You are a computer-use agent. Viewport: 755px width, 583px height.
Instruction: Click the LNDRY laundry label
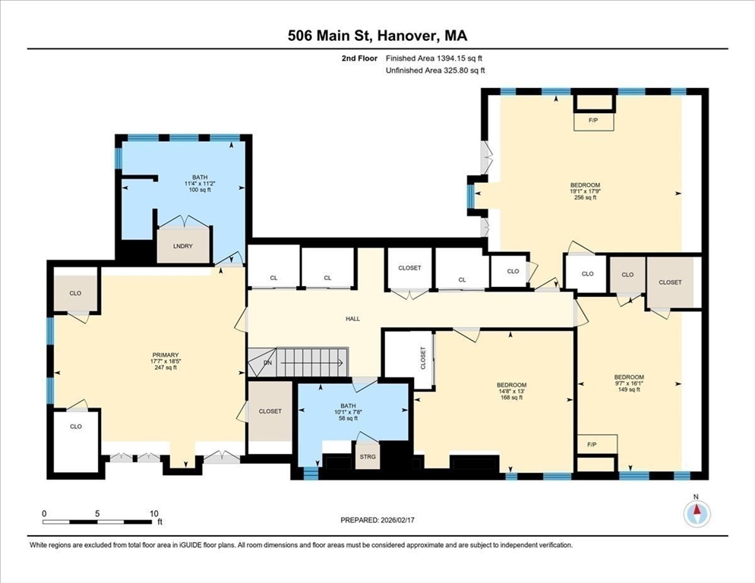[x=183, y=246]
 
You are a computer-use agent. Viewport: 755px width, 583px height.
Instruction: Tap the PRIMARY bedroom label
[x=166, y=355]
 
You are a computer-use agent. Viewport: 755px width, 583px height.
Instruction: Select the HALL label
[x=353, y=319]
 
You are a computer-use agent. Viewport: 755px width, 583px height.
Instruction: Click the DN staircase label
[x=267, y=363]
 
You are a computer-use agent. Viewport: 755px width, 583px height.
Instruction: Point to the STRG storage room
[x=368, y=456]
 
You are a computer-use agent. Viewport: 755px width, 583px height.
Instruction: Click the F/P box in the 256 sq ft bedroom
[x=593, y=121]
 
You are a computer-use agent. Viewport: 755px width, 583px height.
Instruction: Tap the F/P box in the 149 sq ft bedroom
[x=596, y=444]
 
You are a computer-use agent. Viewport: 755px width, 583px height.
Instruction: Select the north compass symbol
[x=696, y=513]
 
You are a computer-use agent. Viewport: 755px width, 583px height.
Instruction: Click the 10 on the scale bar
[x=154, y=514]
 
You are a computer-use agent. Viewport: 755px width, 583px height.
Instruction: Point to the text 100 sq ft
[x=200, y=190]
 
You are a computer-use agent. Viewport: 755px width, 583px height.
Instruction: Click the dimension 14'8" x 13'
[x=511, y=392]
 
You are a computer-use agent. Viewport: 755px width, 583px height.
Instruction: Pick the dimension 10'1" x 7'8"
[x=348, y=412]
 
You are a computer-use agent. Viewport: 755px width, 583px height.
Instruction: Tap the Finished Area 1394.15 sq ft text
[x=434, y=58]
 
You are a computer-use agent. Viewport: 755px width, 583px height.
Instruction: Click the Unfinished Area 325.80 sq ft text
[x=435, y=71]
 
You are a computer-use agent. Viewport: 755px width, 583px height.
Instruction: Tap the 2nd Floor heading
[x=359, y=58]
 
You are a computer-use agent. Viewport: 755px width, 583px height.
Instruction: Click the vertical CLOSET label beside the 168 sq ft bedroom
[x=423, y=358]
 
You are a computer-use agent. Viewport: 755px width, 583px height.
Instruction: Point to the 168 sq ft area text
[x=511, y=398]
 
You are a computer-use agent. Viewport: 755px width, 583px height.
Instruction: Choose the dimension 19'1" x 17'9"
[x=585, y=191]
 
